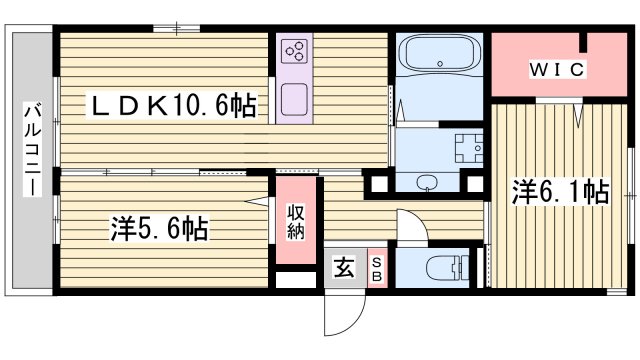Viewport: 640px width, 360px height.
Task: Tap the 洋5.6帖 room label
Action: click(159, 229)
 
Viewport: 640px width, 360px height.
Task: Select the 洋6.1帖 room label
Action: click(561, 190)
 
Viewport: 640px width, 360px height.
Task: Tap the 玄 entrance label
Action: click(344, 268)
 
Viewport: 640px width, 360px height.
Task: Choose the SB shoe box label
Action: click(377, 268)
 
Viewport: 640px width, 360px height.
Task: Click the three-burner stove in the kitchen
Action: click(296, 53)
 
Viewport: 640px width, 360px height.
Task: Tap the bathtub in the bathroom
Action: click(438, 56)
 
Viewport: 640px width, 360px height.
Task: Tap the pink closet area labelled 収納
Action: click(297, 235)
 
